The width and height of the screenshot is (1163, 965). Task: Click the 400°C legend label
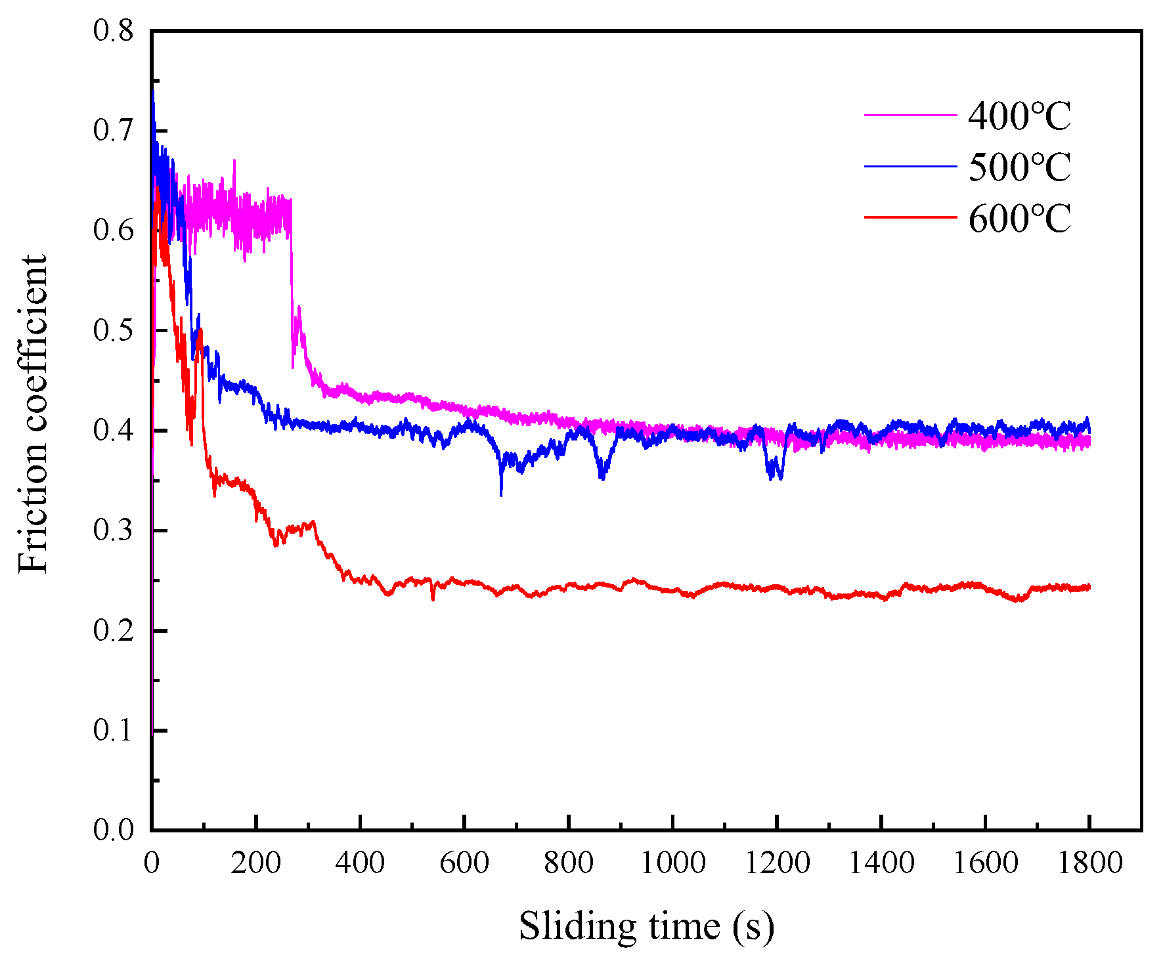tap(1019, 116)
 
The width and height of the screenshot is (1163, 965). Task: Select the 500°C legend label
tap(1019, 167)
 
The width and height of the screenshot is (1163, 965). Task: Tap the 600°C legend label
tap(1019, 218)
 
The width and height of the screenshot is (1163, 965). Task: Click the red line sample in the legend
tap(910, 217)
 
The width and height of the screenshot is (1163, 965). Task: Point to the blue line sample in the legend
tap(910, 166)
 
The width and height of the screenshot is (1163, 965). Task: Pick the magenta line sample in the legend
tap(910, 115)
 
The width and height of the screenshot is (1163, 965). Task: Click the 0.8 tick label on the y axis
tap(113, 30)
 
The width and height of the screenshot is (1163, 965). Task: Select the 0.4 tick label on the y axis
tap(113, 431)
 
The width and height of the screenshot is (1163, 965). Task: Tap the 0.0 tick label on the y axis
tap(113, 830)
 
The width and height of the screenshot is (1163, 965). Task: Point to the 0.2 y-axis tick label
tap(113, 630)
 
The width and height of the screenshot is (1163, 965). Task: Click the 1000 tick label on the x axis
tap(672, 863)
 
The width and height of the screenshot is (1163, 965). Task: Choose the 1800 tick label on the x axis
tap(1089, 863)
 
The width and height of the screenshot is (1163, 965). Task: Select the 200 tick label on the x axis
tap(256, 863)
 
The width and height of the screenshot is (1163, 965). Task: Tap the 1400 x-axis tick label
tap(881, 863)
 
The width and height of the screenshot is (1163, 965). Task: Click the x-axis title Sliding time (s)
tap(647, 926)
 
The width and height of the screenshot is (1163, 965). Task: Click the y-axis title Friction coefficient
tap(33, 414)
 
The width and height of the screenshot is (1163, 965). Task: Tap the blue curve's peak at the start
tap(153, 92)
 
